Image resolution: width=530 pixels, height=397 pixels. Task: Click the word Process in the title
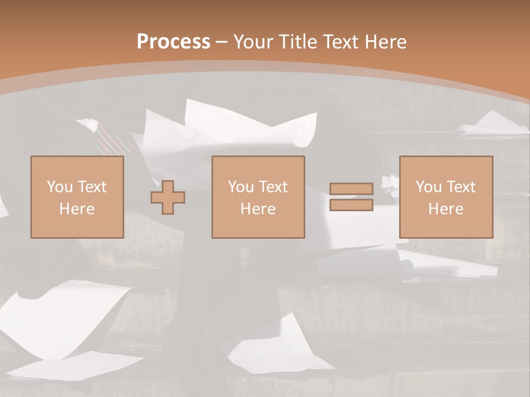pos(173,42)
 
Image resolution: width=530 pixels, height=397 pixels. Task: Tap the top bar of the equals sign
pos(351,189)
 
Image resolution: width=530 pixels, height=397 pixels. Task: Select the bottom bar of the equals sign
pos(351,205)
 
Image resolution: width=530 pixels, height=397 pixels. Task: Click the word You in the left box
pos(60,186)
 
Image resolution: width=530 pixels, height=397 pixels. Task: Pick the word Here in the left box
pos(77,209)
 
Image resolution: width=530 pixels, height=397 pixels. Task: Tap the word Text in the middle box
pos(273,186)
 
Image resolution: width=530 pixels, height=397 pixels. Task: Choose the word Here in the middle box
pos(258,209)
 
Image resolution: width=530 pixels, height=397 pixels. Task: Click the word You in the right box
pos(428,186)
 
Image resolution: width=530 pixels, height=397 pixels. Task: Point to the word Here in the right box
pos(446,209)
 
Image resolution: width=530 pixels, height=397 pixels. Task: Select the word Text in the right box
pos(461,186)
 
